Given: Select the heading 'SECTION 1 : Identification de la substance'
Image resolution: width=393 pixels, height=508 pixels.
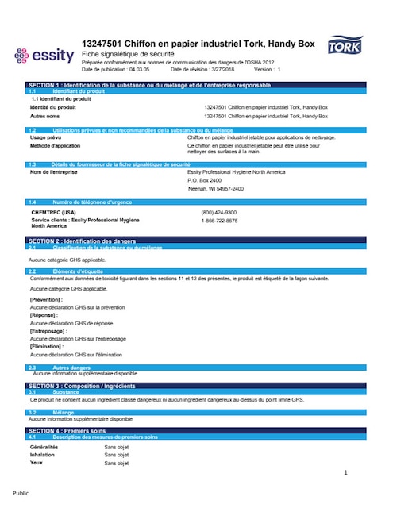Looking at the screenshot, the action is coord(149,84).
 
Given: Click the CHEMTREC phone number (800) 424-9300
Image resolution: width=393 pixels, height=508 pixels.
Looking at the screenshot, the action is coord(219,213).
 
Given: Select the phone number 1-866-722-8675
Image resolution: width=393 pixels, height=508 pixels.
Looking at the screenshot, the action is coord(219,221).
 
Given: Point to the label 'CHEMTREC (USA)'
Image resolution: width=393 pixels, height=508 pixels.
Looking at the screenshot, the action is coord(53,213).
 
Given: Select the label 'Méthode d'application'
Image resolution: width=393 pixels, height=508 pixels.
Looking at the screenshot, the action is coord(58,146).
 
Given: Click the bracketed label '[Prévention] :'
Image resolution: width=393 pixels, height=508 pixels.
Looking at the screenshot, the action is coord(47,299).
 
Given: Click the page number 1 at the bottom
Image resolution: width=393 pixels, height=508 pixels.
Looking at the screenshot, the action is coord(346,473).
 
